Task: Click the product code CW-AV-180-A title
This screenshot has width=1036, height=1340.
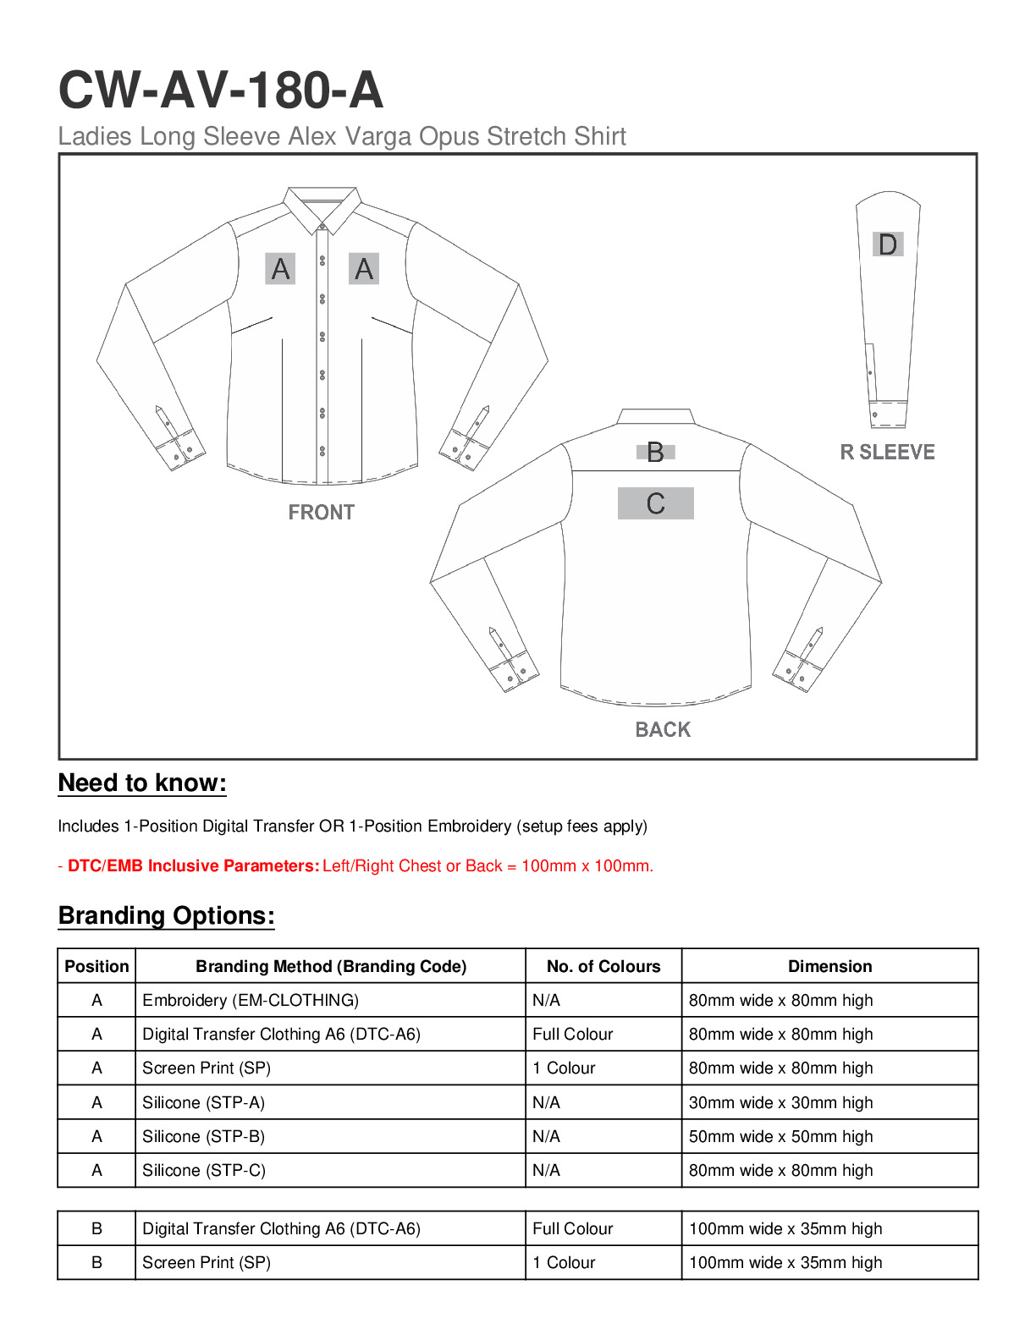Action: point(220,90)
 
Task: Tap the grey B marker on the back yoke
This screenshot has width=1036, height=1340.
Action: point(655,453)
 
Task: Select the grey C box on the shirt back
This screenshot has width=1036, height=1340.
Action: point(655,503)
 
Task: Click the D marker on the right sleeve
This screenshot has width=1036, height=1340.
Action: point(888,244)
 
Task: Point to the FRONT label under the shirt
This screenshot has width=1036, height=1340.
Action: point(321,513)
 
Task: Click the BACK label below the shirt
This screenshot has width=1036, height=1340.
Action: point(663,729)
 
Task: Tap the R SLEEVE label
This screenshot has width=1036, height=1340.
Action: point(887,453)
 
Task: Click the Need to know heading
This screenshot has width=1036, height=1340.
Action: point(142,783)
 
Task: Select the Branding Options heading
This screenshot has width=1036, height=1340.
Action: point(166,916)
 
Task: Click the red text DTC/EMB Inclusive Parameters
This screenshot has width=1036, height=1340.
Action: point(194,866)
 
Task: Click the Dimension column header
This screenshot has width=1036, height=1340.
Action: point(829,966)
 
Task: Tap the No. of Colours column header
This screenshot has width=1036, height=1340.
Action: point(603,966)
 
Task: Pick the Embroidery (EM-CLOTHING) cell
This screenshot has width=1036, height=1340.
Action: point(251,1000)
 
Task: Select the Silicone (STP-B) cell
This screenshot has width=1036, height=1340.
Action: point(203,1136)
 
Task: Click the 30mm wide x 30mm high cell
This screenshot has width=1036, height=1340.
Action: point(780,1102)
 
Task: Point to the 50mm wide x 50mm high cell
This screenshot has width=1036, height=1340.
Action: point(780,1136)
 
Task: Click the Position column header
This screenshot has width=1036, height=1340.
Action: point(96,966)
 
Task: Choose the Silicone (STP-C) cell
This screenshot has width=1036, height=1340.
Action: point(204,1170)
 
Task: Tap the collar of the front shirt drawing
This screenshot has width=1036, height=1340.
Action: point(322,206)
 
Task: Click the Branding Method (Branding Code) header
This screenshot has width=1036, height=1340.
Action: point(331,966)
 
